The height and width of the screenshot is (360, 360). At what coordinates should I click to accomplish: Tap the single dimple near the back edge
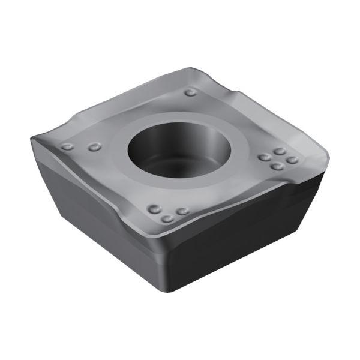(190, 92)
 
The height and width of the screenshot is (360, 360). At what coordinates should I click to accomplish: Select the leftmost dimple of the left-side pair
(68, 146)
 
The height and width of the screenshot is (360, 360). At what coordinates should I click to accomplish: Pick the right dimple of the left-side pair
(94, 147)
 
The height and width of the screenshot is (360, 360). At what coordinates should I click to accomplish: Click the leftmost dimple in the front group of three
(155, 209)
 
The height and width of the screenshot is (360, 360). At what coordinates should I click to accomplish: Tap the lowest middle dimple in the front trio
(168, 218)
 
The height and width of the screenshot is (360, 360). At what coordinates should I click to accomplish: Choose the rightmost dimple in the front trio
(182, 212)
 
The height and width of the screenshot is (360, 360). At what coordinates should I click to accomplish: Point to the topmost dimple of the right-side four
(280, 152)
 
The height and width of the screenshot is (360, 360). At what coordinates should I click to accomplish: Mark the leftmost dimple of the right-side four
(264, 158)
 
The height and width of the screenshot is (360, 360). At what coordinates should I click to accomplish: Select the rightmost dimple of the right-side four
(292, 160)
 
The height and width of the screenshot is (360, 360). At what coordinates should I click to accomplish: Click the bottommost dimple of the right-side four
(277, 166)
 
